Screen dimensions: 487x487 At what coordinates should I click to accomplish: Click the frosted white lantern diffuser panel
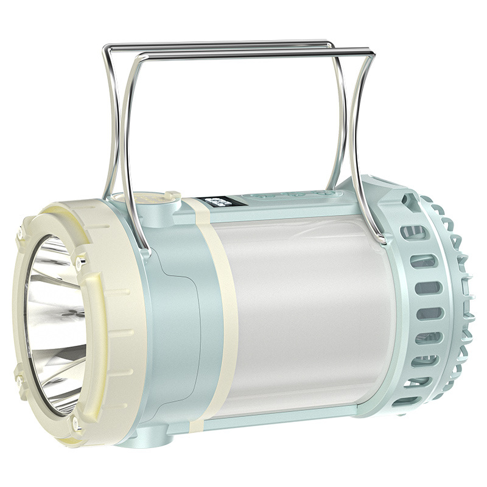(304, 317)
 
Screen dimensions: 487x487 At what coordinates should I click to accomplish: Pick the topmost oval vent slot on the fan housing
(414, 232)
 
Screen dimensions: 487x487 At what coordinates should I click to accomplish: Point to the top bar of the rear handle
(219, 44)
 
